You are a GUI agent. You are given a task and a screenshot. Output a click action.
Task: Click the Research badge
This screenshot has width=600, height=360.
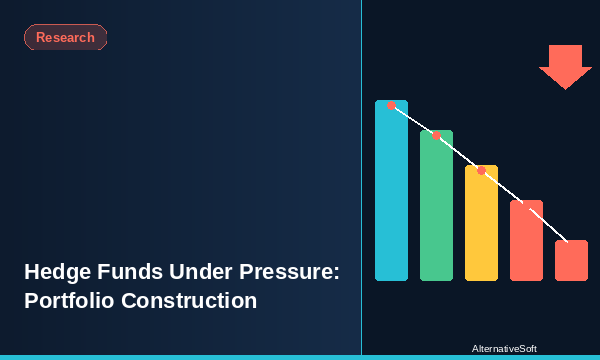point(65,38)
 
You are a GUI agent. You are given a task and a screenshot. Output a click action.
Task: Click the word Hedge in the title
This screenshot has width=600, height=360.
point(56,272)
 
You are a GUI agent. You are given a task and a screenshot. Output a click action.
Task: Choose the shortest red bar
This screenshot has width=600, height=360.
point(571,262)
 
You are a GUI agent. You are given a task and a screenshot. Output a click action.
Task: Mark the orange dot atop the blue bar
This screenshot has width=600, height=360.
point(391,105)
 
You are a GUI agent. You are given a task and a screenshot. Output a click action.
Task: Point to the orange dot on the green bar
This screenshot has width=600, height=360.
point(436,135)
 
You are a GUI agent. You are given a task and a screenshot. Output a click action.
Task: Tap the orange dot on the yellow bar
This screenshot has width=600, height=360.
point(481,171)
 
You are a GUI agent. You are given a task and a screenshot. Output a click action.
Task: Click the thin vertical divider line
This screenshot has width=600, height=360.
point(361,180)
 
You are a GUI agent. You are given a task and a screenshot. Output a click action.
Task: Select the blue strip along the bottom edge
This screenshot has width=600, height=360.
point(300,357)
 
